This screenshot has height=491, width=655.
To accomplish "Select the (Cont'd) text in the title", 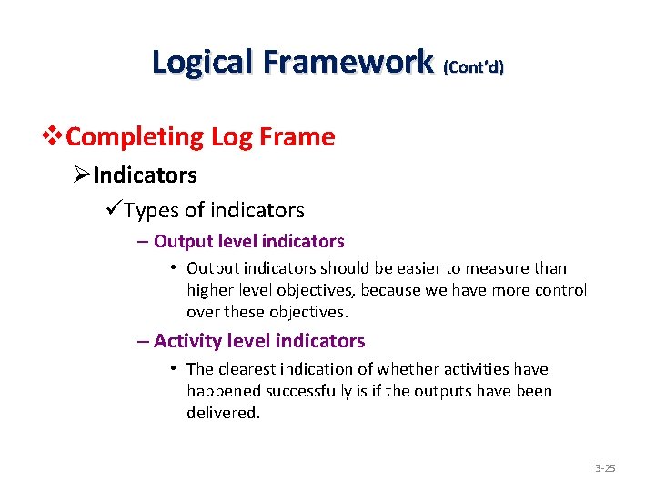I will coord(473,66).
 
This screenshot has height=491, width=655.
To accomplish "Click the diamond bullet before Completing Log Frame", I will coord(55,137).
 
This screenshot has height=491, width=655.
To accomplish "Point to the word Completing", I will coord(136,137).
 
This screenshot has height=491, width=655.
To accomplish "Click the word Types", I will coord(152,211).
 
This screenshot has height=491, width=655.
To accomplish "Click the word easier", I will coord(414,268).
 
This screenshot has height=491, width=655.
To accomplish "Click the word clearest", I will coord(249,369).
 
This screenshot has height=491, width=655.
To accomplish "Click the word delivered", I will coord(223,413).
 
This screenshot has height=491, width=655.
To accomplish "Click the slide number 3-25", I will coord(605,468).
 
